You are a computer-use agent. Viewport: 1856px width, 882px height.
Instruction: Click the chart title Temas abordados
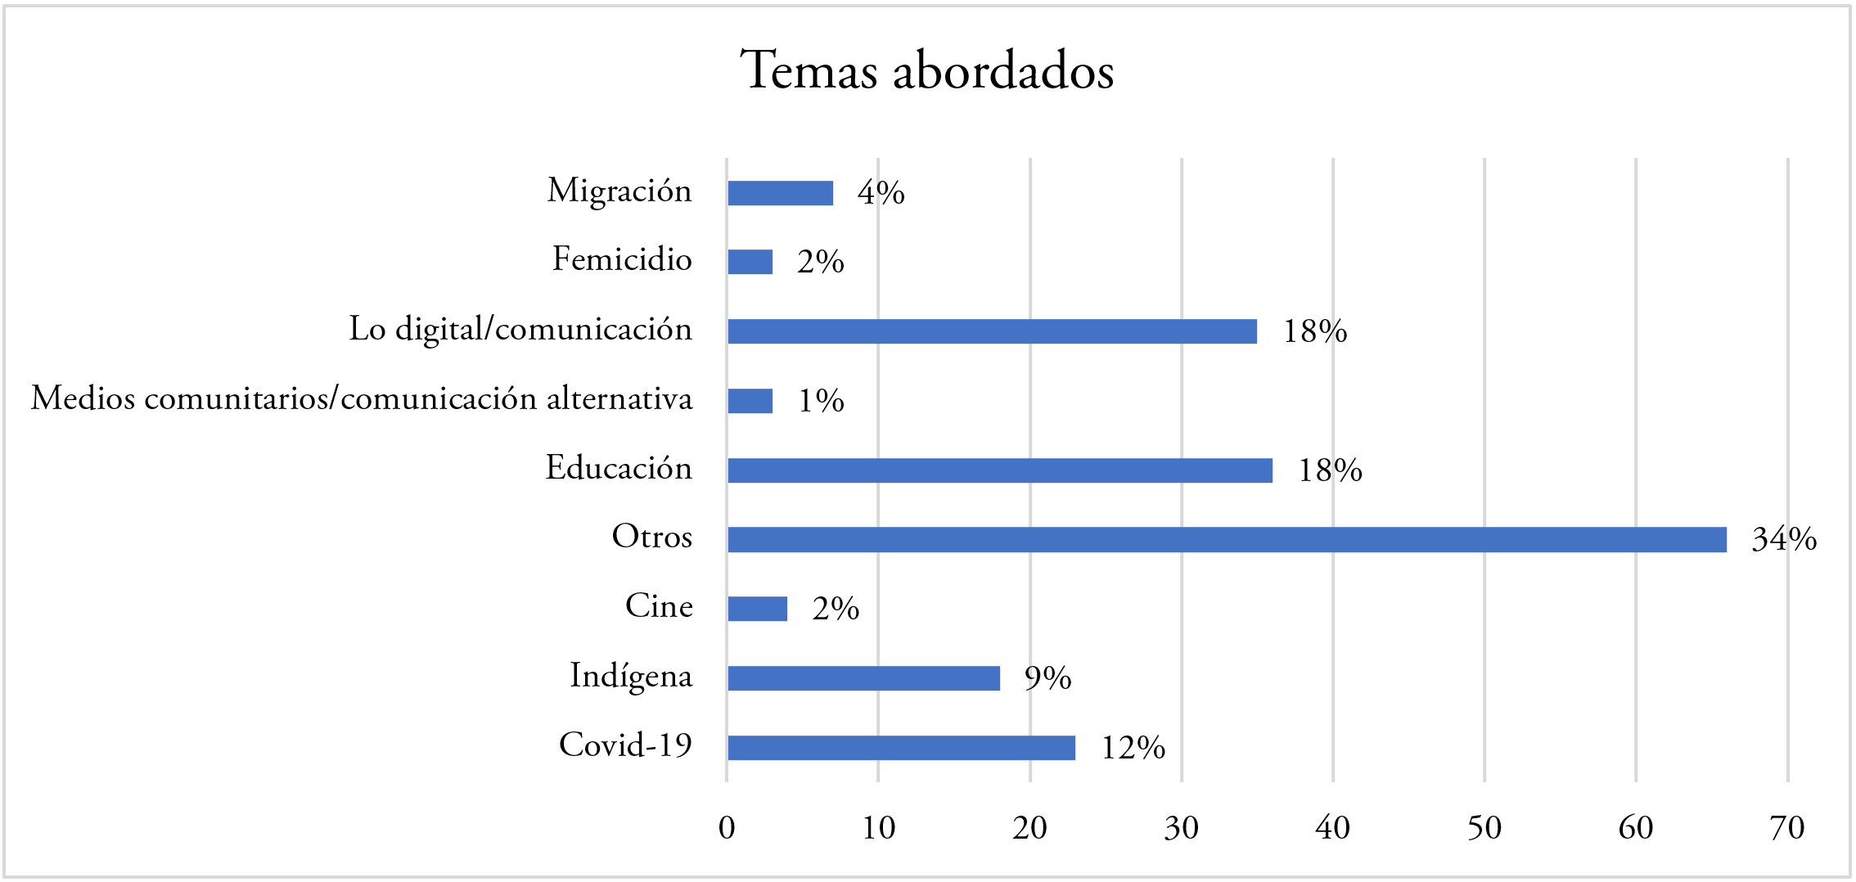[x=926, y=70]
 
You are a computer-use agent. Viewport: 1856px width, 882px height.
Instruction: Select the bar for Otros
[x=1227, y=540]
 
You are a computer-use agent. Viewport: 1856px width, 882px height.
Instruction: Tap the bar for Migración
[x=780, y=193]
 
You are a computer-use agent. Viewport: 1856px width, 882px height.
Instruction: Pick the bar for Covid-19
[x=901, y=748]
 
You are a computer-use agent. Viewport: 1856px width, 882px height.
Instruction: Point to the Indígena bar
[x=863, y=678]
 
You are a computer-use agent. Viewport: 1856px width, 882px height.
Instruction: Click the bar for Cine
[x=757, y=609]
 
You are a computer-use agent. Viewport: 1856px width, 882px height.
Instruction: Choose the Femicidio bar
[x=750, y=262]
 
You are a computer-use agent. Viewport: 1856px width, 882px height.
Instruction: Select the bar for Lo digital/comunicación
[x=992, y=331]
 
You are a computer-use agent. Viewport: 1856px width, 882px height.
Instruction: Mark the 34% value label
[x=1784, y=539]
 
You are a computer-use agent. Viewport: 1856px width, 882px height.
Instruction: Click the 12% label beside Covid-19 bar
[x=1133, y=748]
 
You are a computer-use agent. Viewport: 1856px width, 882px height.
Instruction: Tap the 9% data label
[x=1047, y=678]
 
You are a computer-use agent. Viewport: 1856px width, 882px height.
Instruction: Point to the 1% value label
[x=821, y=401]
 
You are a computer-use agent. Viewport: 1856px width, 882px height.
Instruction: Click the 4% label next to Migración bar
[x=881, y=193]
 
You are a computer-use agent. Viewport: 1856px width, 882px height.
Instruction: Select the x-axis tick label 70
[x=1786, y=828]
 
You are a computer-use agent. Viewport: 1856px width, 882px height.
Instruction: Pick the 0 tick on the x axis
[x=727, y=828]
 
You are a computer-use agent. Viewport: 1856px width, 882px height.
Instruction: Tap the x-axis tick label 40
[x=1332, y=828]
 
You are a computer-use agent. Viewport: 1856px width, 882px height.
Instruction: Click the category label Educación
[x=619, y=468]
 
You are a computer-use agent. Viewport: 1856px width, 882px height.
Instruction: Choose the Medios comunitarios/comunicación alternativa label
[x=362, y=398]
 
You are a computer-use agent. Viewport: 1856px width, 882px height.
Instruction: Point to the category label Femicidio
[x=622, y=259]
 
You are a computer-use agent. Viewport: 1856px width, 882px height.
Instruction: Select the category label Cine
[x=659, y=606]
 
